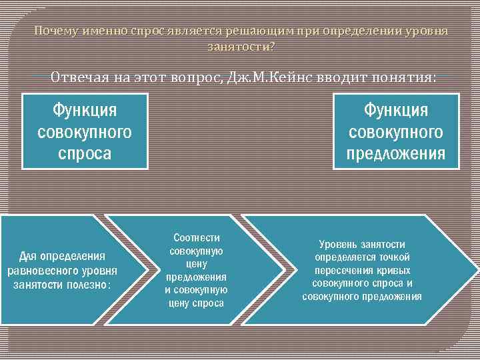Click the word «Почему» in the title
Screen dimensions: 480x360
coord(56,31)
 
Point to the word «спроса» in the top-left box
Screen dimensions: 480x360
coord(85,154)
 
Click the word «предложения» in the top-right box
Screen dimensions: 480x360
coord(396,154)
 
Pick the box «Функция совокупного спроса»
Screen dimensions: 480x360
coord(85,131)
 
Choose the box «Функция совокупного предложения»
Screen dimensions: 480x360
coord(396,131)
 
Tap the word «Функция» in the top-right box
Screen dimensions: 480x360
coord(396,109)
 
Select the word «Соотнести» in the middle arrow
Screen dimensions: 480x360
coord(196,238)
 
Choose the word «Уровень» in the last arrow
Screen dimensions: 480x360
coord(339,245)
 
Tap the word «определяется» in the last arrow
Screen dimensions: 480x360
coord(347,257)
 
